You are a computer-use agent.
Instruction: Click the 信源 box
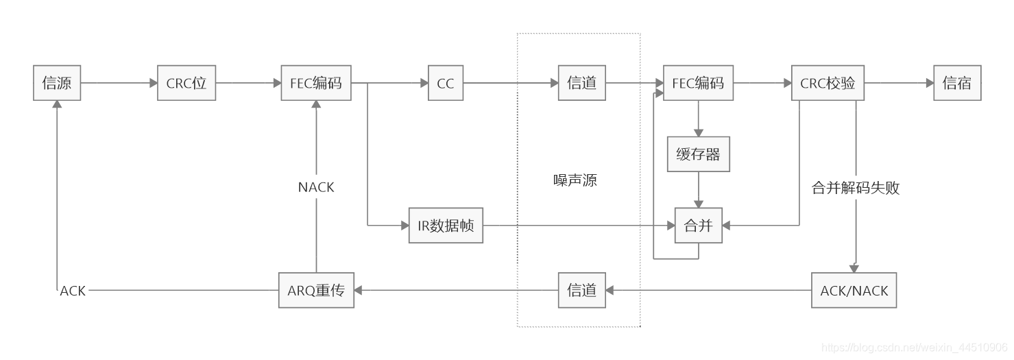point(57,84)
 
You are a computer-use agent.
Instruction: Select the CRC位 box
point(186,84)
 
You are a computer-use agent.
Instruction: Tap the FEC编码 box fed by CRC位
point(316,84)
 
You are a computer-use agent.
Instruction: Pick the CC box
point(446,84)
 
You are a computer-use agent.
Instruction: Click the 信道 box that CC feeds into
point(582,84)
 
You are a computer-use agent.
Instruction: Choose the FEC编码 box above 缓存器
point(698,84)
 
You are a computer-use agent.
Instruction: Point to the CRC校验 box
point(828,84)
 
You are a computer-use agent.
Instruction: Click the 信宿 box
point(957,84)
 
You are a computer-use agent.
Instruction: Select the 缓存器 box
point(698,154)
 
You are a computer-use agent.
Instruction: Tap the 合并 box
point(698,225)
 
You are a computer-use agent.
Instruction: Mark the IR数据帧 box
point(446,225)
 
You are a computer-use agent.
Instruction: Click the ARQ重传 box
point(316,290)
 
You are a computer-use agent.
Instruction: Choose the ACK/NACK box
point(854,290)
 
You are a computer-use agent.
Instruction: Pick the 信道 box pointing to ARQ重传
point(582,290)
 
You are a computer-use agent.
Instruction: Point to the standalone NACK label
point(316,187)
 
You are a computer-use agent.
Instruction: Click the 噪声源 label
point(575,180)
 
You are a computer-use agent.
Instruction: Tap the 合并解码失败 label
point(855,188)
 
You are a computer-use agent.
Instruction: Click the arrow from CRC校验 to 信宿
point(899,84)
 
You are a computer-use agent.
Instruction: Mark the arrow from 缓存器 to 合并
point(698,190)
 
